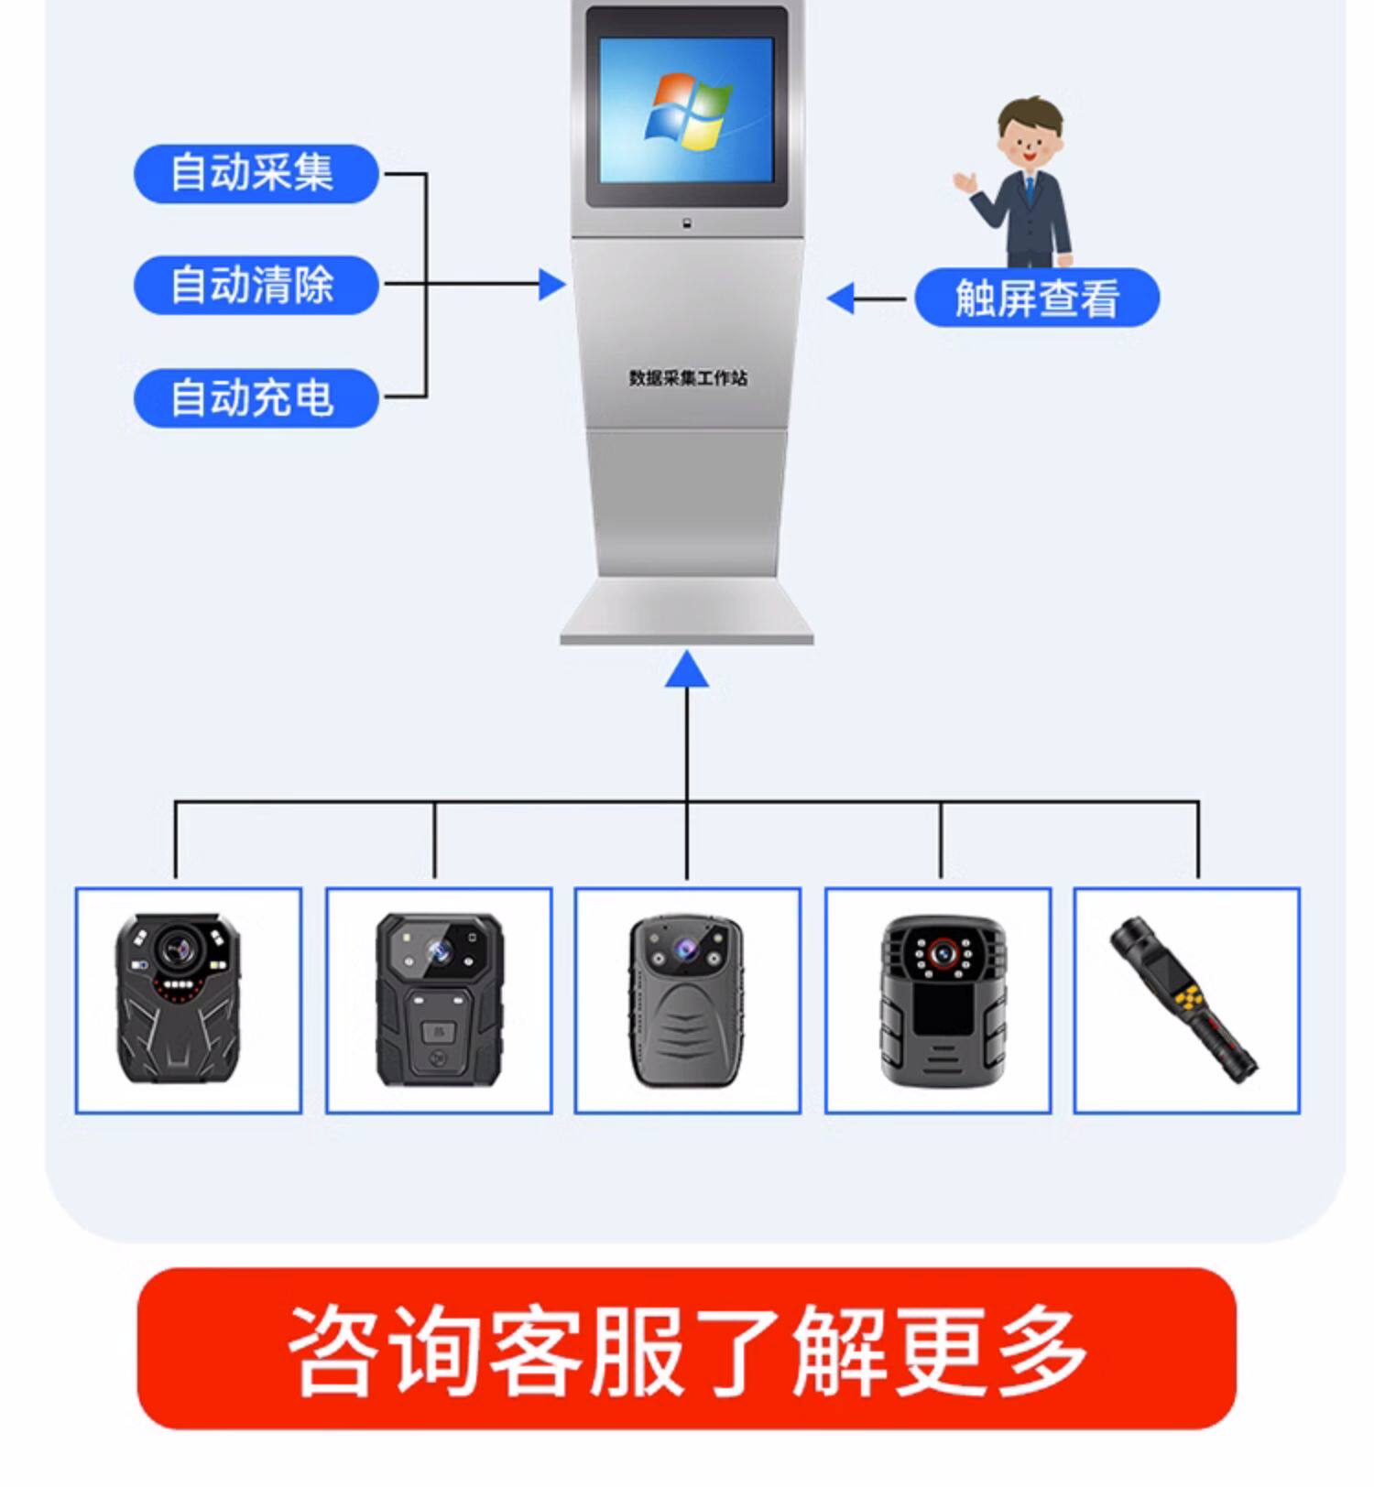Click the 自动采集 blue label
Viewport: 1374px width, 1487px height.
click(x=256, y=173)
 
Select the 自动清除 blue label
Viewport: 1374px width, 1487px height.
click(x=256, y=285)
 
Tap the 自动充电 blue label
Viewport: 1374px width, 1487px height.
click(x=256, y=397)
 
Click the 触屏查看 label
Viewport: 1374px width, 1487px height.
click(x=1037, y=298)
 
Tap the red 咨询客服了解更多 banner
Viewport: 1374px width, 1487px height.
click(x=687, y=1348)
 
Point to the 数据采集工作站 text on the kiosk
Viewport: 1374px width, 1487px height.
click(x=688, y=377)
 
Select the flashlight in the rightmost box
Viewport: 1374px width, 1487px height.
click(x=1185, y=1000)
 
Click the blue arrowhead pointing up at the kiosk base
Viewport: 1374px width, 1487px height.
click(x=687, y=669)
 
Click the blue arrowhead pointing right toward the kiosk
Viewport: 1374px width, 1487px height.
click(x=551, y=285)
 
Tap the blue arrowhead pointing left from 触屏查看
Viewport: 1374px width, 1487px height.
click(x=841, y=298)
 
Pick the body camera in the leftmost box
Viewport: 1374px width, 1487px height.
click(x=179, y=998)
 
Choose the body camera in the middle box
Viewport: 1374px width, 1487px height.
click(x=687, y=1000)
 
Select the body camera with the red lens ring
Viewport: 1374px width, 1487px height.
click(x=942, y=1000)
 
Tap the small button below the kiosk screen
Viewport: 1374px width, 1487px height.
click(x=687, y=223)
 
